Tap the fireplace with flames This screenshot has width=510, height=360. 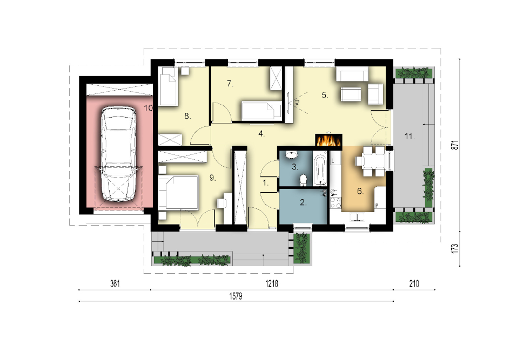[x=328, y=140]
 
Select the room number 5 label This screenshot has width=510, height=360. [x=325, y=95]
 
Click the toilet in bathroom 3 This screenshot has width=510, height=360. [x=304, y=180]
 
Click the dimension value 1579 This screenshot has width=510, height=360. [x=236, y=296]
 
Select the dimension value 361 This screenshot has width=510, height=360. [x=115, y=284]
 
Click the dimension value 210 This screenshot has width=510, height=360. [x=414, y=284]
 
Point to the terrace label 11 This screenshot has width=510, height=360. [x=410, y=137]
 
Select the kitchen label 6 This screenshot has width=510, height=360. [x=360, y=192]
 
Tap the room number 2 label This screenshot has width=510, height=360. [x=303, y=203]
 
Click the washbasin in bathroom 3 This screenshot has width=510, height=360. [x=292, y=155]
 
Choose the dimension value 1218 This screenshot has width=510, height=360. [x=272, y=284]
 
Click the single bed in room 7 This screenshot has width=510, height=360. [x=262, y=111]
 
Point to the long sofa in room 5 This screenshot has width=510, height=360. [x=352, y=74]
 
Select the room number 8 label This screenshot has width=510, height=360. [x=187, y=116]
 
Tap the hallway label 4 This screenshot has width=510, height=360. [x=261, y=134]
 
